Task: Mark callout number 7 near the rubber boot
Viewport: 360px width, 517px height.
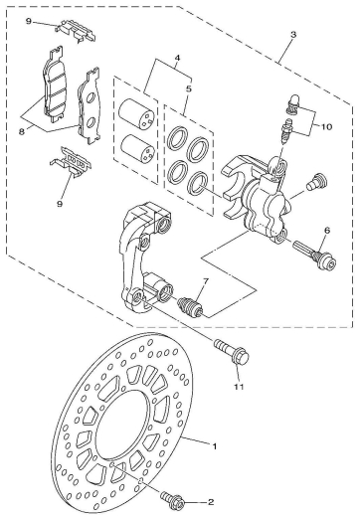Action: [205, 282]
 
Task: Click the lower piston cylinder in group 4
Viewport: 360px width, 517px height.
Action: [135, 153]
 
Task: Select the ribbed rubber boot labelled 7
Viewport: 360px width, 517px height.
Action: [190, 306]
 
